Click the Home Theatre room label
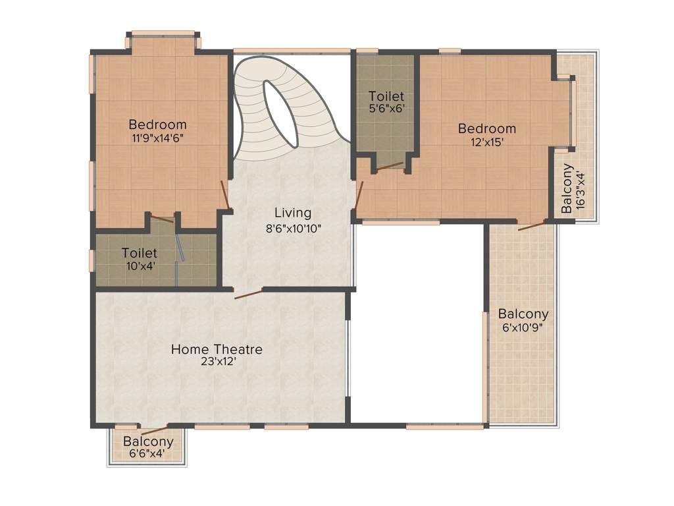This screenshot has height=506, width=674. [x=217, y=349]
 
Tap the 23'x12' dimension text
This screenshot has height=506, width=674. [x=217, y=361]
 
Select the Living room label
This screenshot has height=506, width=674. [x=292, y=213]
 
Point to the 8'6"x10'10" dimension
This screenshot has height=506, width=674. [x=292, y=228]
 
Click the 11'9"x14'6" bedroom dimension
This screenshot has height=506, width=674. [x=157, y=138]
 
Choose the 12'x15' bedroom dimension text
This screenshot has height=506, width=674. [x=487, y=142]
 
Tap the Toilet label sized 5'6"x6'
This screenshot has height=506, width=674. [x=386, y=96]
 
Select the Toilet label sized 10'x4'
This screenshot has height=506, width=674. [x=140, y=253]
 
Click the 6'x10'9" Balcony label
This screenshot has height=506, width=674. [x=523, y=314]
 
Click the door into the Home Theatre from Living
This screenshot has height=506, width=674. [x=249, y=293]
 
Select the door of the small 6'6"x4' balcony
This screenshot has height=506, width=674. [x=149, y=432]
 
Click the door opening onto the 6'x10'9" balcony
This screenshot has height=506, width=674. [x=532, y=226]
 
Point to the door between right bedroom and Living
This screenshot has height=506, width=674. [x=358, y=196]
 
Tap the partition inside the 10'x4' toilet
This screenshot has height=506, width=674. [x=180, y=254]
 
